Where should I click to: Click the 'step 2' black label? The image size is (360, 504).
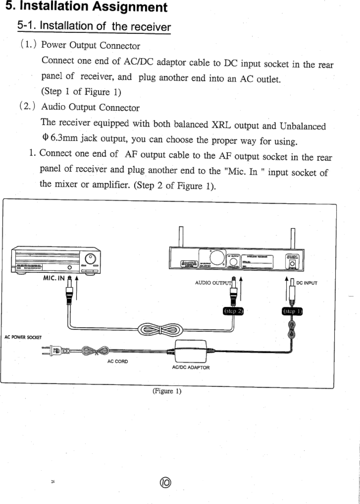pos(233,311)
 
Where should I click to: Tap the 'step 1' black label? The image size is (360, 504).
pos(292,311)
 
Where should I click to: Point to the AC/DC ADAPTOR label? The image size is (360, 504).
pos(190,367)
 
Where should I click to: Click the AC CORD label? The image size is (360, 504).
pos(118,361)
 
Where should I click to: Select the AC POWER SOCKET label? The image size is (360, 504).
pos(23,337)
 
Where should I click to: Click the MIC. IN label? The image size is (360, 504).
pos(54,278)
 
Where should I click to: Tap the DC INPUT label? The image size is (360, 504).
pos(306,283)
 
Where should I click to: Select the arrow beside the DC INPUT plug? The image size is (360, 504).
pos(286,288)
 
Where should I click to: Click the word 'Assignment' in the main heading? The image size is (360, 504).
pos(130,7)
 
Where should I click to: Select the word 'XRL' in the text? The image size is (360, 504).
pos(218,125)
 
